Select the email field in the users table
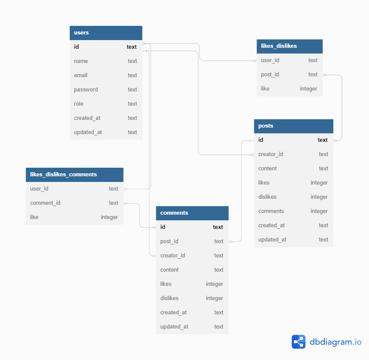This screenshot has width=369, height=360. pos(81,75)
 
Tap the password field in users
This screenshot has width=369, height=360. pos(86,90)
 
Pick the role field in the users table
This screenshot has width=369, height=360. pos(79,104)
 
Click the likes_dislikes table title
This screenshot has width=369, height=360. pos(279,46)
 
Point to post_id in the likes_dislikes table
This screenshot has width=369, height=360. pos(270,75)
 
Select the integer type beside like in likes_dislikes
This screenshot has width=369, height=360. pos(308,89)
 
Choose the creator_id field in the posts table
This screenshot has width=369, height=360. pos(270,154)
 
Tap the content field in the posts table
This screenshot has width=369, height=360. pos(267,169)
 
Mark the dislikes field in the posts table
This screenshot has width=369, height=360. pos(267,197)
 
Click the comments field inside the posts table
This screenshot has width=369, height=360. pos(271,211)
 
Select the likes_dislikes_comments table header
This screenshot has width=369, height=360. pos(63,175)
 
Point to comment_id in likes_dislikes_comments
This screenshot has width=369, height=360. pos(45,203)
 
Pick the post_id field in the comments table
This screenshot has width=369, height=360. pos(169,241)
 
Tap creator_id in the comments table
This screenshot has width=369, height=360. pos(173,256)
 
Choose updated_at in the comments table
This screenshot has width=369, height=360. pos(174,327)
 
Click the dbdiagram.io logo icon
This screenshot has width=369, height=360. pos(298,342)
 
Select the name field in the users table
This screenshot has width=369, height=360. pos(81,61)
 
